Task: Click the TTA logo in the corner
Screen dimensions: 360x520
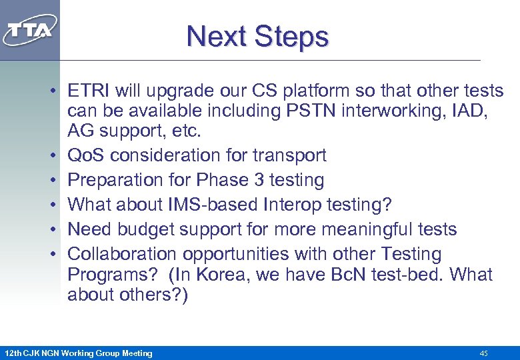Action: (x=29, y=30)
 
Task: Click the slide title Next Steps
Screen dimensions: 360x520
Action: (x=257, y=36)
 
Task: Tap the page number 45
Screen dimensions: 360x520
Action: (x=483, y=353)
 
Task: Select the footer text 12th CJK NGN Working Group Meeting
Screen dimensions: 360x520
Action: (x=78, y=353)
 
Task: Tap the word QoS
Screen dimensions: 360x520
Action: (x=86, y=155)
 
